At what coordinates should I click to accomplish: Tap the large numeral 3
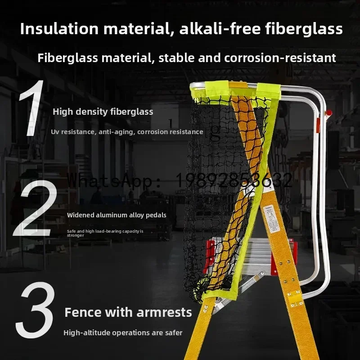(36, 310)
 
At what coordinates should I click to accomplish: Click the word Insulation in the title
(54, 29)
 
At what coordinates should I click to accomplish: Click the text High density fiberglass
(103, 112)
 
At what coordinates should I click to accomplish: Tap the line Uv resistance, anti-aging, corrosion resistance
(127, 132)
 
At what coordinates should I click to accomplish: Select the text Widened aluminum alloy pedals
(117, 215)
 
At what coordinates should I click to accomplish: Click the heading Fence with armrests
(128, 312)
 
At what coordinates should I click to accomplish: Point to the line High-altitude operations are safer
(123, 333)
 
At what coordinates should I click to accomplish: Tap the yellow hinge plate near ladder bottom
(295, 297)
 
